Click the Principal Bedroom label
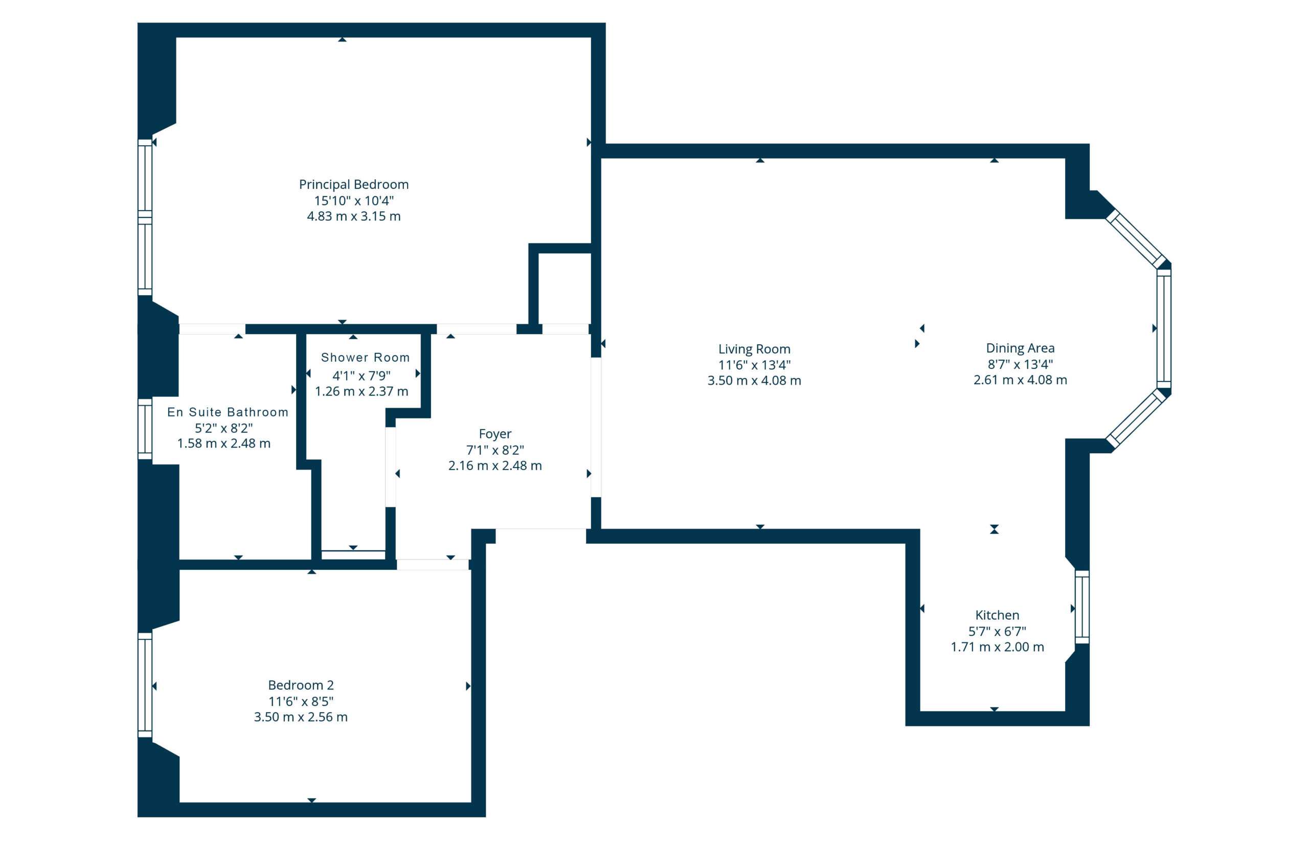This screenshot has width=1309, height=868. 353,184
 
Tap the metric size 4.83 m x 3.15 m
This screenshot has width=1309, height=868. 353,216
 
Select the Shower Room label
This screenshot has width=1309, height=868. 365,358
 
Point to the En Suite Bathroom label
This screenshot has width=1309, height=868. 228,412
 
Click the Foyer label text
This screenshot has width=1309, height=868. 494,434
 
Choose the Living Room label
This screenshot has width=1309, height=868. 754,349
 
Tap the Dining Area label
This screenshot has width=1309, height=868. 1020,348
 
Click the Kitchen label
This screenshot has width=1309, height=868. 997,615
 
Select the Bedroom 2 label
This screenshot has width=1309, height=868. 301,685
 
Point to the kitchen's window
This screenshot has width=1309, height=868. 1081,607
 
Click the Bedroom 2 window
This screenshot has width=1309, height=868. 145,685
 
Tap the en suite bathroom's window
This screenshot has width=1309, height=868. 145,429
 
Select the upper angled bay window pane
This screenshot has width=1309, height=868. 1137,239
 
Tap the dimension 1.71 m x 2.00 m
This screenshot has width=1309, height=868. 997,647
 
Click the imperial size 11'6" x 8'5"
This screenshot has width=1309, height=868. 301,701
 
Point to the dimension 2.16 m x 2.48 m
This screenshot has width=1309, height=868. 494,466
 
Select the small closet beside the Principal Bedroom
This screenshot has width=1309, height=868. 565,288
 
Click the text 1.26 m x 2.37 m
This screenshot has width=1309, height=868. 362,391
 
